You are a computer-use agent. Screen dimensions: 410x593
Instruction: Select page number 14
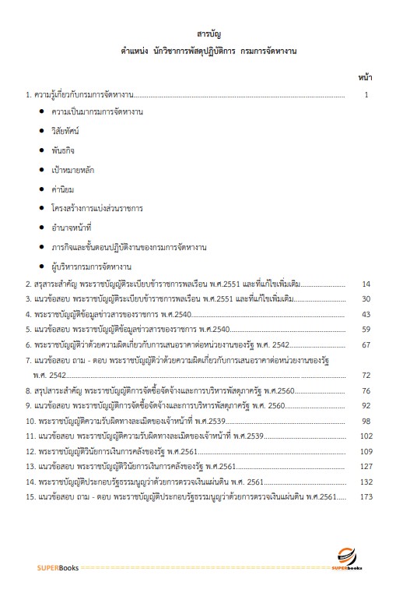[x=366, y=284]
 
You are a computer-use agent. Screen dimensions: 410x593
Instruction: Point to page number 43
[x=366, y=314]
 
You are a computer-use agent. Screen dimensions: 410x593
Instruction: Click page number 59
[x=366, y=329]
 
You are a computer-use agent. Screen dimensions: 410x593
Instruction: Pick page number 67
[x=366, y=344]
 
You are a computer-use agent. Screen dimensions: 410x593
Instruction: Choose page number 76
[x=366, y=390]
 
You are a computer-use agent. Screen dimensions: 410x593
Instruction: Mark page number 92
[x=366, y=405]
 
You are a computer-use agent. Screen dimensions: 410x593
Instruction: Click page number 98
[x=366, y=421]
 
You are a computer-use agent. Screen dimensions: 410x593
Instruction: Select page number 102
[x=365, y=436]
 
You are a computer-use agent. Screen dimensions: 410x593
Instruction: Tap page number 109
[x=365, y=451]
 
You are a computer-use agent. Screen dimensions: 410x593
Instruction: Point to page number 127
[x=365, y=466]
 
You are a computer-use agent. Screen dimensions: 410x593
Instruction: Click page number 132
[x=365, y=482]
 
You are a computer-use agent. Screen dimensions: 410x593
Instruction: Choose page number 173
[x=365, y=496]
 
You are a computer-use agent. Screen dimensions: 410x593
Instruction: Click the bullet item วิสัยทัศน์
[x=68, y=132]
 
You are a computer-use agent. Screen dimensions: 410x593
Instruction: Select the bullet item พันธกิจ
[x=65, y=151]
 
